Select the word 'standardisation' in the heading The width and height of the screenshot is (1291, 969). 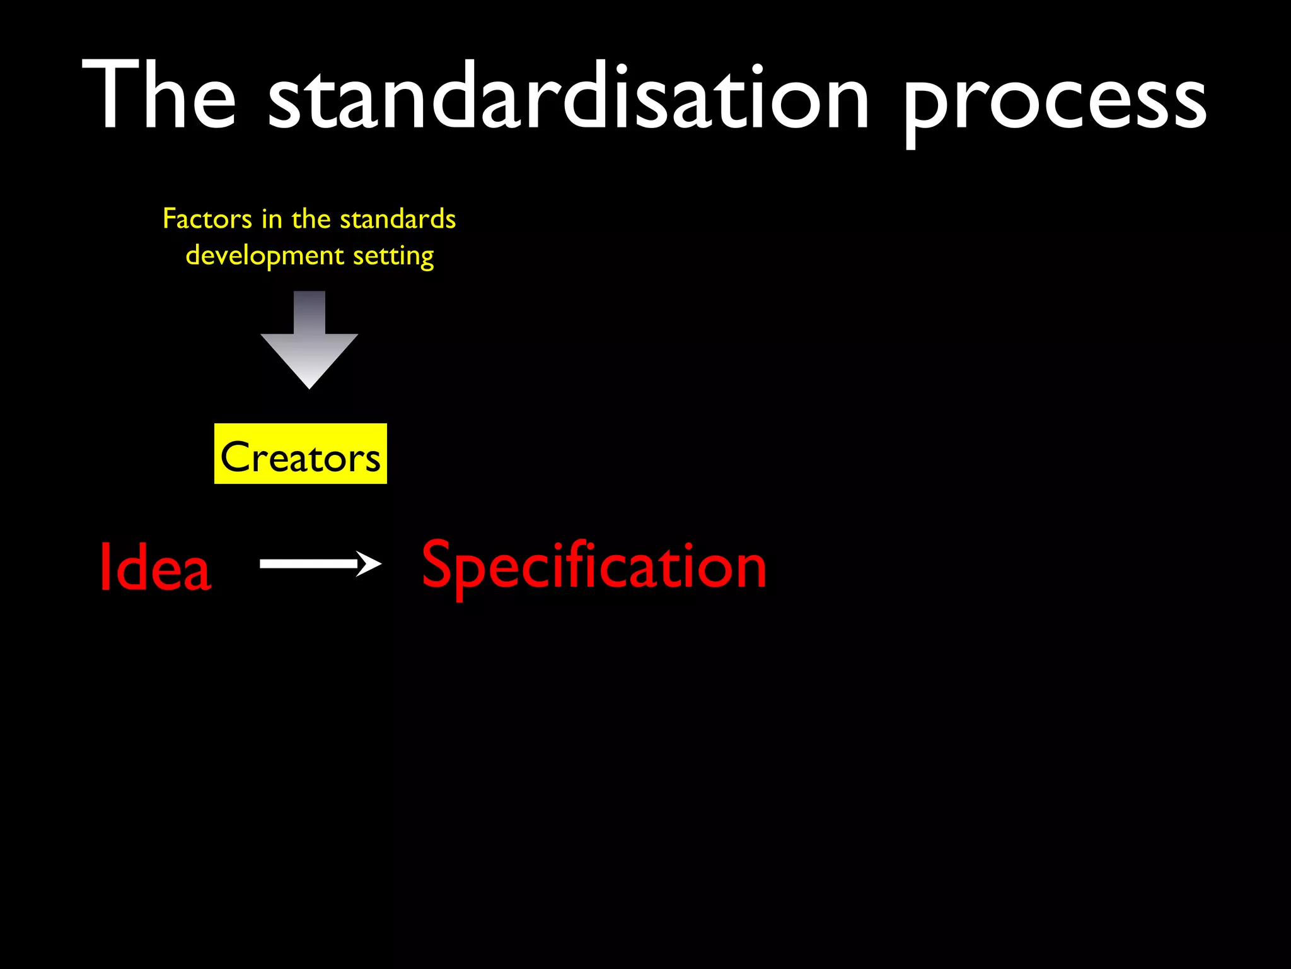568,96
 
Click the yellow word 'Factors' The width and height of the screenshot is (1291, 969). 207,219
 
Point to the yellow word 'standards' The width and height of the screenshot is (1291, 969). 398,219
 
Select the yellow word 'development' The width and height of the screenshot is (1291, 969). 265,256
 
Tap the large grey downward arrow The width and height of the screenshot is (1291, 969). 310,344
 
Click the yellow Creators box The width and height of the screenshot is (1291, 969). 301,454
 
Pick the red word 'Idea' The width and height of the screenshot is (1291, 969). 155,567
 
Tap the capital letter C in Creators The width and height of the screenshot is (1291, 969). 235,456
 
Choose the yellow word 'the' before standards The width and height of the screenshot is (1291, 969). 311,219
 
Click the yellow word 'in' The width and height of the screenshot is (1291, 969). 272,219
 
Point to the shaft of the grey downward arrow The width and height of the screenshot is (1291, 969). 310,312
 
